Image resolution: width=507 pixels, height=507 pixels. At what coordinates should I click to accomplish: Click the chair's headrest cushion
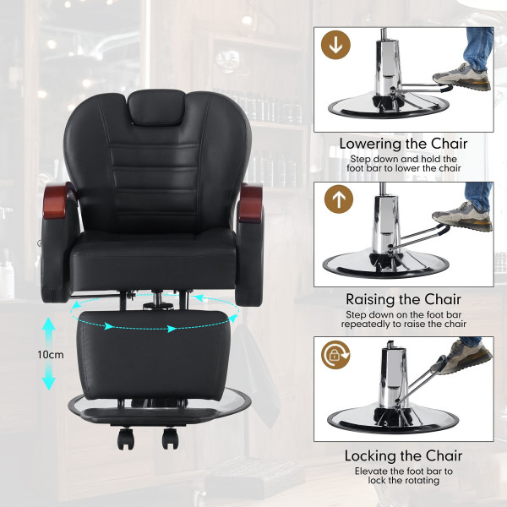(156, 107)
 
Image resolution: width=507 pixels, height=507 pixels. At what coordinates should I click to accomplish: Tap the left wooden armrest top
(57, 201)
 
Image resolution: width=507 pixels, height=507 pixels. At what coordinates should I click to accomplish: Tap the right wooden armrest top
(251, 203)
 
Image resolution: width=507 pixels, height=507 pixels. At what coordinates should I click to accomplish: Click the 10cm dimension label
(51, 355)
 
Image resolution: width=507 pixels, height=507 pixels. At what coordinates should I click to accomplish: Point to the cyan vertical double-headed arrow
(49, 353)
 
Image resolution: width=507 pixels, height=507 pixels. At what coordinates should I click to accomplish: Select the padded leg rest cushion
(153, 355)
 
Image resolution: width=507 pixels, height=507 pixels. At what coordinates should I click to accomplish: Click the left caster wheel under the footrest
(125, 439)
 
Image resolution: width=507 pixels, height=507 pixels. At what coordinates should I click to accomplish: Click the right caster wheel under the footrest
(170, 439)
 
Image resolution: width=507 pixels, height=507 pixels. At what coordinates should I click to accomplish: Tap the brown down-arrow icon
(335, 45)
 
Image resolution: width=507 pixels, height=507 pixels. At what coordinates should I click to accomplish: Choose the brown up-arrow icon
(339, 199)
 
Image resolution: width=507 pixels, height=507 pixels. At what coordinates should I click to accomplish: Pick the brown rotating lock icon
(335, 355)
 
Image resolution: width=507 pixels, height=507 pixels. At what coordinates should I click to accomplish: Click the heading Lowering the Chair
(403, 144)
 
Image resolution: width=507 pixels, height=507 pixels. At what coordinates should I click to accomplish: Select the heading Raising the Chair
(403, 299)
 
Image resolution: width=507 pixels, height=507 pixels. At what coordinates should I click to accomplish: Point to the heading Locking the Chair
(403, 455)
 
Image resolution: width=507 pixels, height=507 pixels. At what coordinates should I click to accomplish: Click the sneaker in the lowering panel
(461, 78)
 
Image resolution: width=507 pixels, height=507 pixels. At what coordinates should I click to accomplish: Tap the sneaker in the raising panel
(462, 216)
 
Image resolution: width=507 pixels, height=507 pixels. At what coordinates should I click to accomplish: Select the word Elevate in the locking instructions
(371, 471)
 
